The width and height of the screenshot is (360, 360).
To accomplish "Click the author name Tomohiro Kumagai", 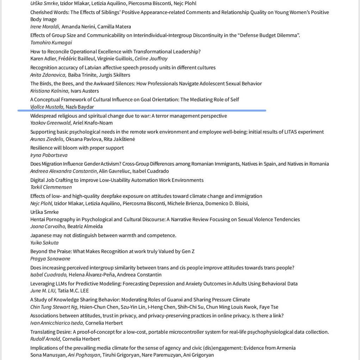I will pos(51,43).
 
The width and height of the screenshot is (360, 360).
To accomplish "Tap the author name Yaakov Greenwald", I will pos(51,123).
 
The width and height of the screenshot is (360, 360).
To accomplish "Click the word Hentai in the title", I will pos(38,219).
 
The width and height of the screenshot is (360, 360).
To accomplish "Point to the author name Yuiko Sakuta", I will pos(44,242).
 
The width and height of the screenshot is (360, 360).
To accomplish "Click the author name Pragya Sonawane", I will pos(50,259).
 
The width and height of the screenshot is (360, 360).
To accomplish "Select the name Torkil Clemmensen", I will pos(51,187).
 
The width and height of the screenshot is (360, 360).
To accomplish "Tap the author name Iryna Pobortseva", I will pos(49,155).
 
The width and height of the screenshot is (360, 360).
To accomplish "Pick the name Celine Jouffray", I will pos(151,59).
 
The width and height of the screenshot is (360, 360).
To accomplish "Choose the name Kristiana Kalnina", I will pos(49,91).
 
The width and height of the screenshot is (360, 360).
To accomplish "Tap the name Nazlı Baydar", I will pos(80,107).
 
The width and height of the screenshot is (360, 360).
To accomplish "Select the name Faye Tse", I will pos(269,307).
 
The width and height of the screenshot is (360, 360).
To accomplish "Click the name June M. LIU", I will pos(43,291).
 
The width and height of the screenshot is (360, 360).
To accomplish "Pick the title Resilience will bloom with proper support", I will pos(77,148).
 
